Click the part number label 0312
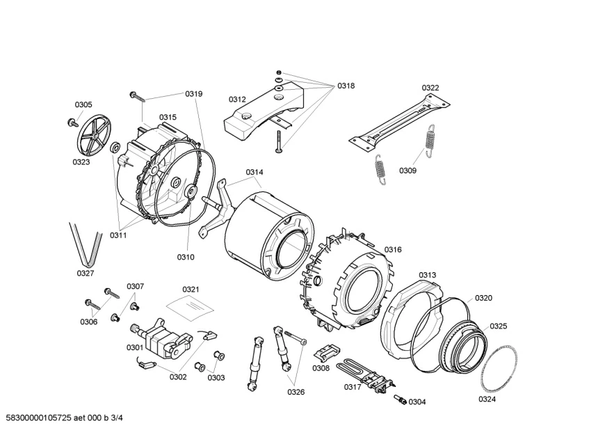pos(237,100)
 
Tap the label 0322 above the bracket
pos(430,88)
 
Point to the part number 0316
pos(393,249)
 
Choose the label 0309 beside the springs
pos(408,170)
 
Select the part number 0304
pos(417,402)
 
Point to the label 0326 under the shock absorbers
pos(296,391)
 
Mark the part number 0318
pos(346,86)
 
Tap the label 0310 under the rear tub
pos(186,257)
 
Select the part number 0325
pos(498,326)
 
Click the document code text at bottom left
pos(65,418)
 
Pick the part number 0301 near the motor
pos(134,347)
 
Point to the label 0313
pos(427,275)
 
